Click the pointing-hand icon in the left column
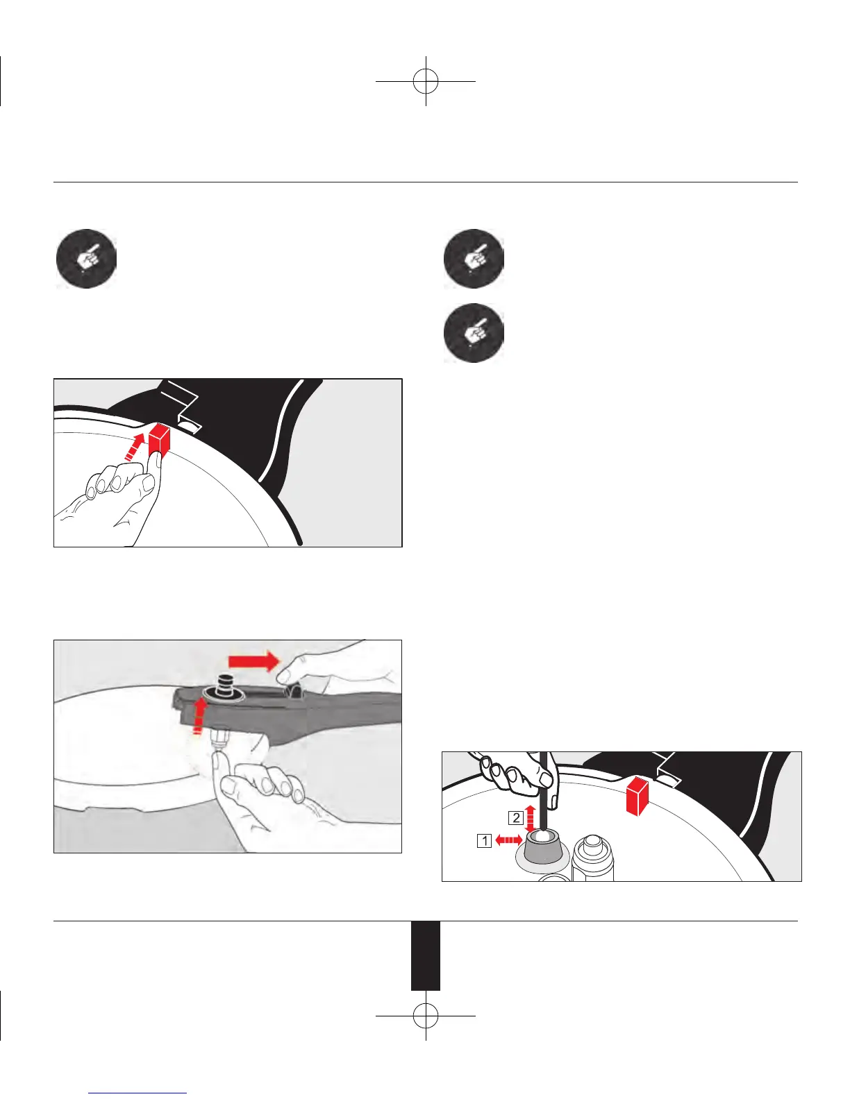(x=86, y=258)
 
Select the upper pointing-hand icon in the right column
(x=474, y=258)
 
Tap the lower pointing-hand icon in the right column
(x=474, y=333)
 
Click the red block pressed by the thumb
(x=159, y=438)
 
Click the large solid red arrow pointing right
(x=254, y=661)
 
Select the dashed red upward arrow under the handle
(x=201, y=715)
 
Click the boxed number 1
(x=485, y=841)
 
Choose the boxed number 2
(x=516, y=818)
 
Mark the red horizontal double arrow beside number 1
(x=508, y=840)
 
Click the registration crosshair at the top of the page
(x=426, y=81)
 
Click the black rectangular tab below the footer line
(x=426, y=955)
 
